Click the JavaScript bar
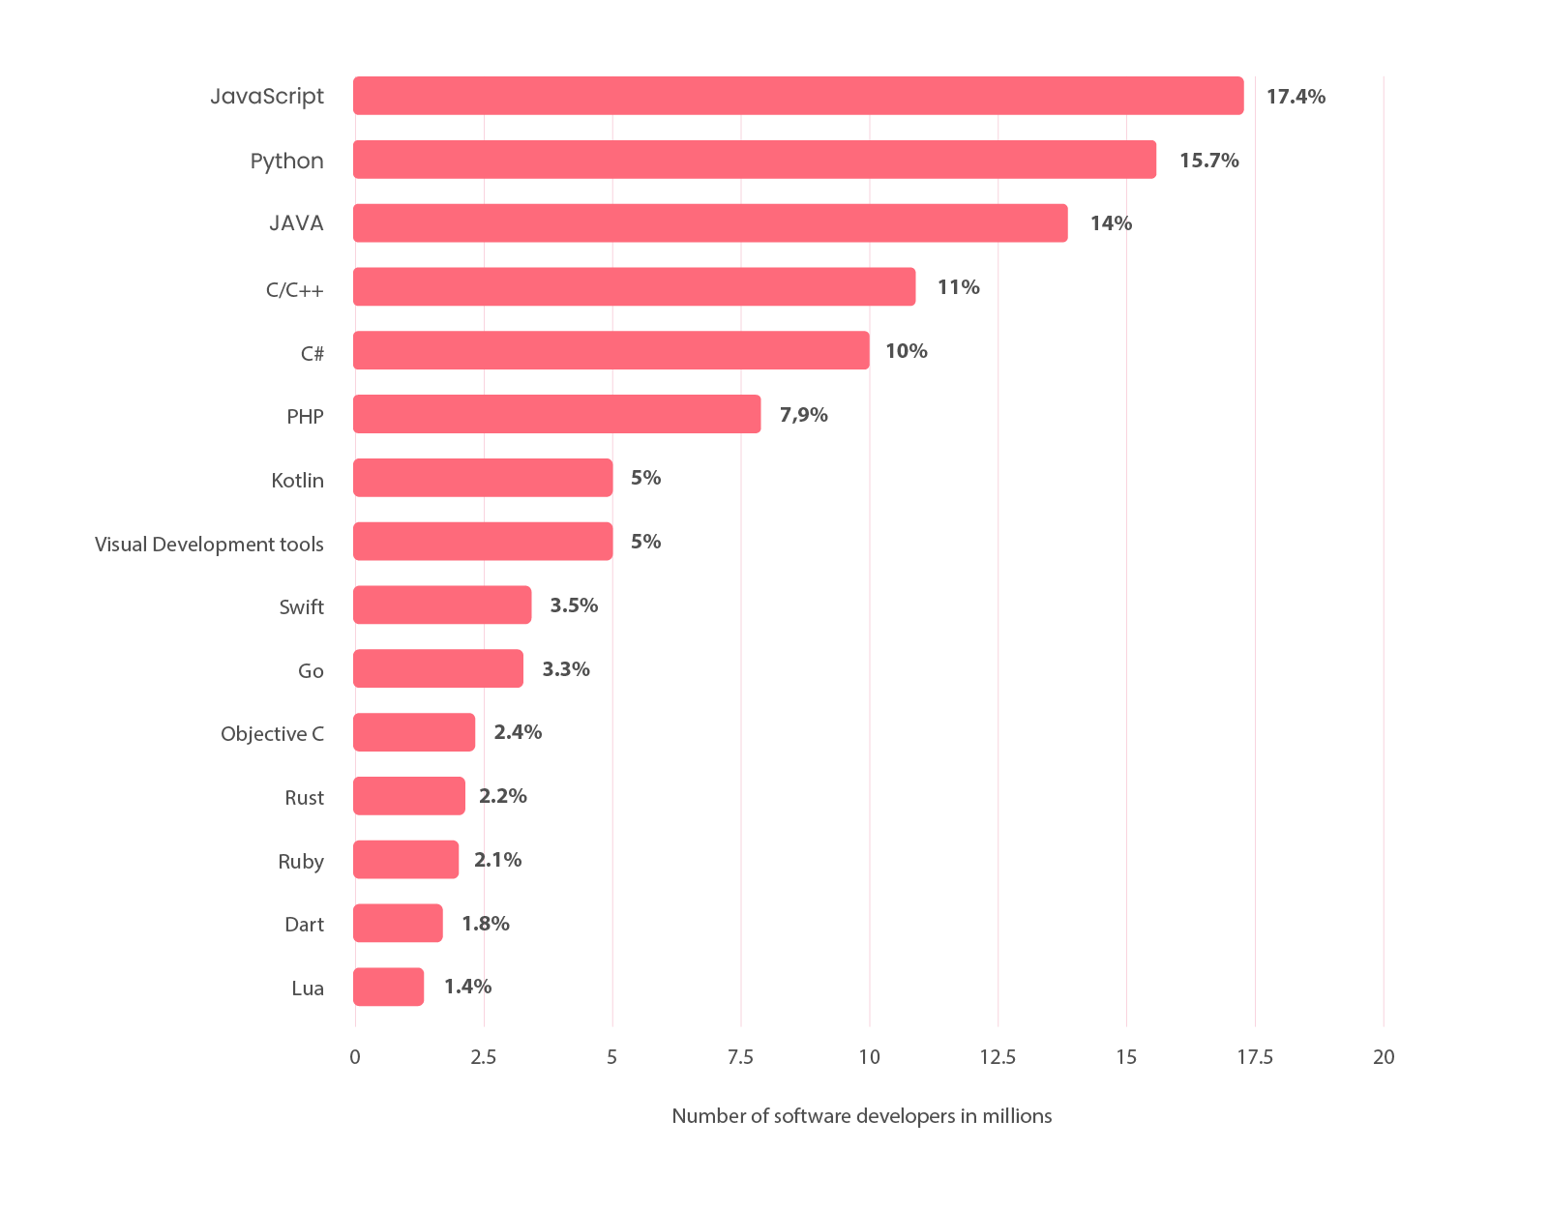coord(798,96)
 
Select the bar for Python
coord(755,160)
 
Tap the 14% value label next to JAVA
coord(1111,223)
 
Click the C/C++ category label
coord(294,289)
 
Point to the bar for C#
coord(611,350)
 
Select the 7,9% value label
coord(803,415)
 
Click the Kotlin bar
coord(483,478)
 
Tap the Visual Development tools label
coord(209,545)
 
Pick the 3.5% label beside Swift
coord(574,605)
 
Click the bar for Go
coord(438,668)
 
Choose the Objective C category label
coord(272,734)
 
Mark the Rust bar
coord(409,796)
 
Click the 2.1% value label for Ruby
coord(497,860)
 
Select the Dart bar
coord(398,924)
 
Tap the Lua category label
coord(308,989)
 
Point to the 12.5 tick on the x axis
coord(998,1057)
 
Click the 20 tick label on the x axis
coord(1384,1057)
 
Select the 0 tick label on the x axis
coord(355,1057)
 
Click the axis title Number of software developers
coord(861,1116)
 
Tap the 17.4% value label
coord(1296,97)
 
